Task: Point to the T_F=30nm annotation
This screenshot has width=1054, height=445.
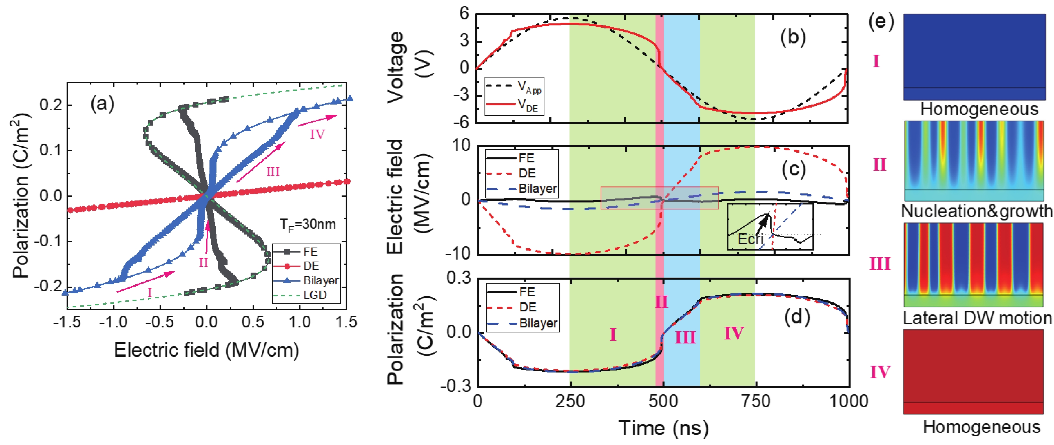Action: point(308,225)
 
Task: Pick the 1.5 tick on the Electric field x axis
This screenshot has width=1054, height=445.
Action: point(346,322)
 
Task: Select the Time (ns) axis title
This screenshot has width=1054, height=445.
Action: point(663,428)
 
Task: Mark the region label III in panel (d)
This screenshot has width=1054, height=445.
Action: point(685,337)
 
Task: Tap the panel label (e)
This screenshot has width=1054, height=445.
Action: point(881,22)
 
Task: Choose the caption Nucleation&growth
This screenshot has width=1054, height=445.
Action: point(976,211)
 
